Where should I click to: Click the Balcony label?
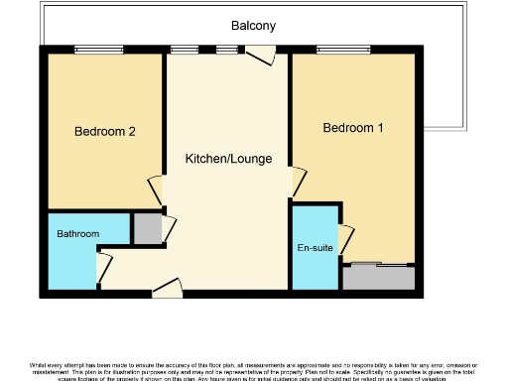point(254,25)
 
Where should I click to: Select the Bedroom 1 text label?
point(352,128)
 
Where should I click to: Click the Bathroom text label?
point(77,234)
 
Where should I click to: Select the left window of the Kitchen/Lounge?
point(184,50)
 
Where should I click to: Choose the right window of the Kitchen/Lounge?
point(228,50)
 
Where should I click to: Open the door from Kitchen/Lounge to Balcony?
point(260,55)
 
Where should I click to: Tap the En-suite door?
point(346,239)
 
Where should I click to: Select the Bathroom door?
point(102,266)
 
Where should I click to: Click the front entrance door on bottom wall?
point(168,289)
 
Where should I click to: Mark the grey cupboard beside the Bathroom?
point(147,228)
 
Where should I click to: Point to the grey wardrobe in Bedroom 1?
point(379,277)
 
